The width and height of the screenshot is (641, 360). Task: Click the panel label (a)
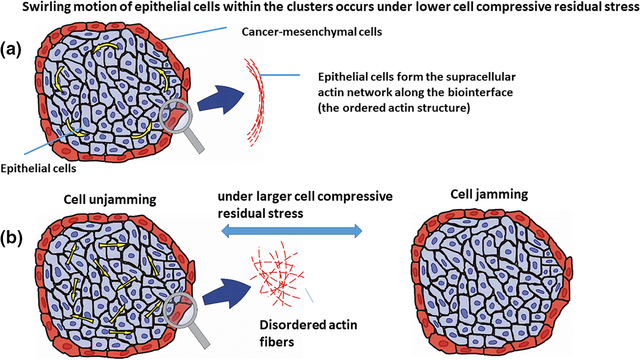pos(11,50)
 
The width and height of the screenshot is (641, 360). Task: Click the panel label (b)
pos(11,238)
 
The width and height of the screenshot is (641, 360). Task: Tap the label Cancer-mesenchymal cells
pos(312,32)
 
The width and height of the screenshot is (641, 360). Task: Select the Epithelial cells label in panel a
pos(38,169)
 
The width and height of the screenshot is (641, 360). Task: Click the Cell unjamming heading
pos(110,200)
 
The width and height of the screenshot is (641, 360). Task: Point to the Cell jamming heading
pos(489,194)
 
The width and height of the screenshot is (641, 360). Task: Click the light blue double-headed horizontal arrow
pos(292,231)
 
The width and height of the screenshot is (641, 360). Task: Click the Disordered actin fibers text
pos(308,333)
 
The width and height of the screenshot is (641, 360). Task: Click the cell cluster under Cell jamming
pos(491,282)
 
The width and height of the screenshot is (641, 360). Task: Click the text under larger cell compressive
pos(305,196)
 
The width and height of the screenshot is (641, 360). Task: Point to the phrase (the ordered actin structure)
pos(394,108)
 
